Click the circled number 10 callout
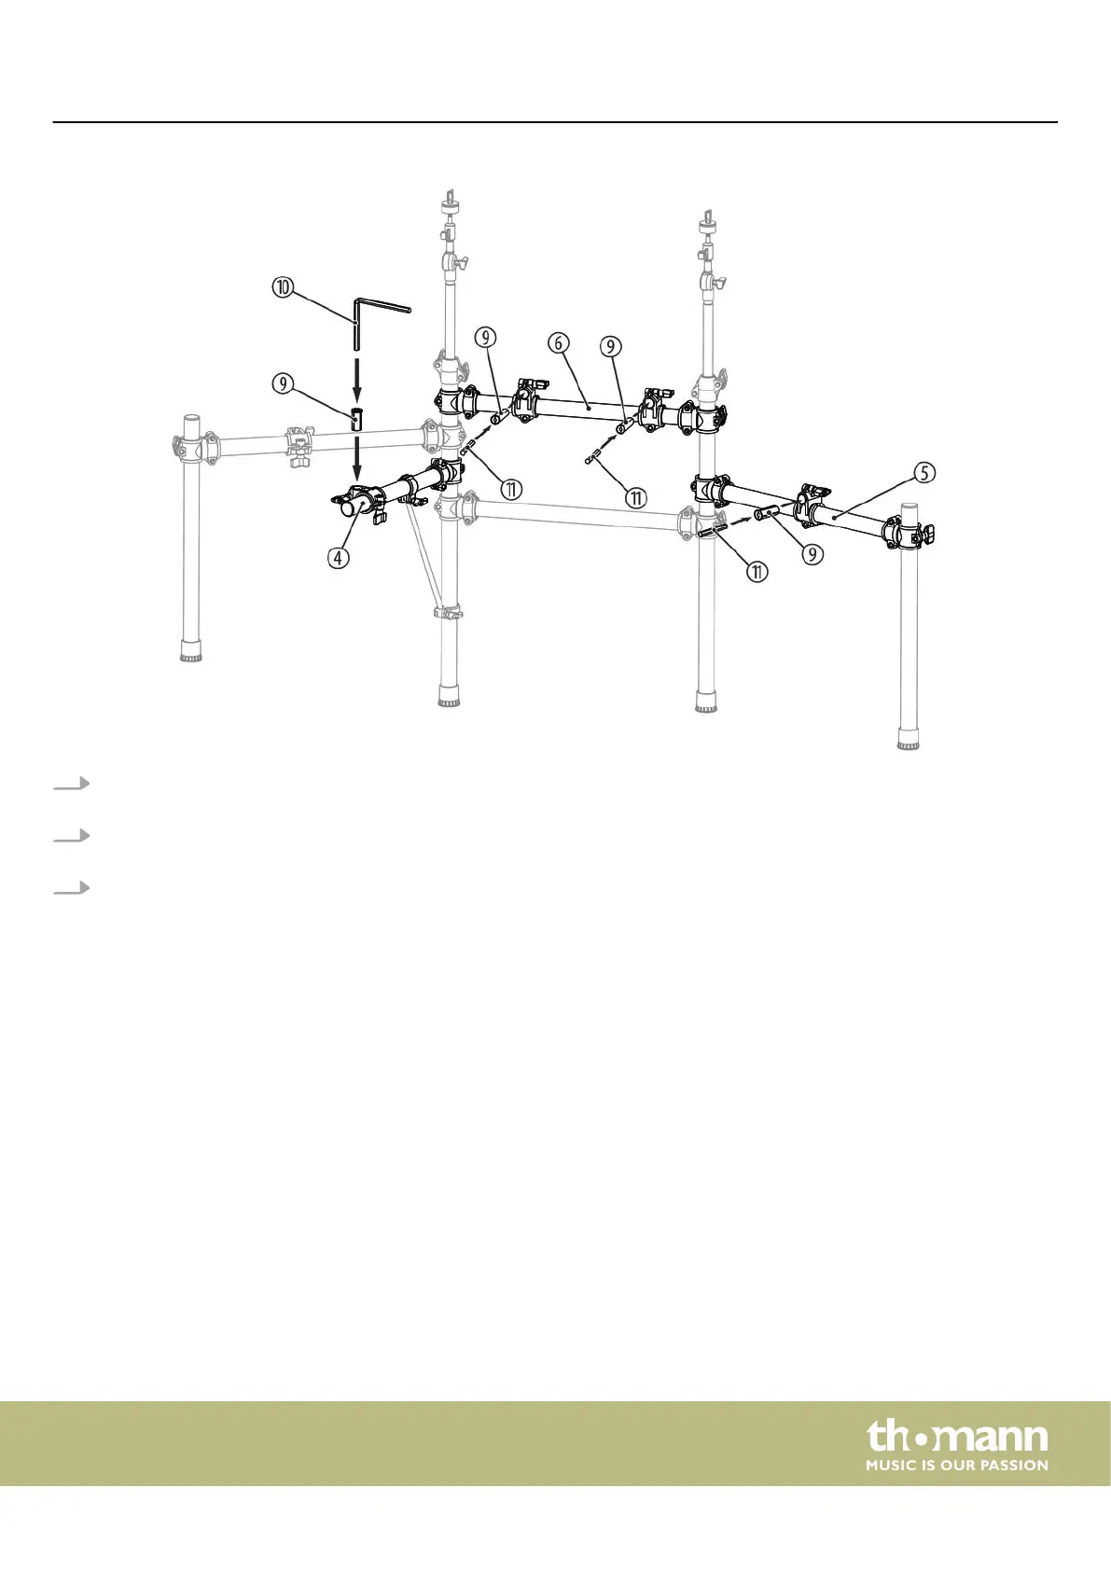click(x=283, y=287)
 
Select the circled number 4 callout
click(x=338, y=558)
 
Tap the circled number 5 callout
click(x=924, y=473)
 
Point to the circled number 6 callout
click(x=558, y=343)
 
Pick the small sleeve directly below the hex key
click(x=356, y=418)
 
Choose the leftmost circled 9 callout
click(x=283, y=382)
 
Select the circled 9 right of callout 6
click(x=610, y=347)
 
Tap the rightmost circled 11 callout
click(x=757, y=572)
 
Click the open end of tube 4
click(x=347, y=508)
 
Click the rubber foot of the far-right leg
click(x=909, y=741)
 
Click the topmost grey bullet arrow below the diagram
click(x=72, y=784)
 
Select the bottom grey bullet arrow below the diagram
click(x=72, y=888)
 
